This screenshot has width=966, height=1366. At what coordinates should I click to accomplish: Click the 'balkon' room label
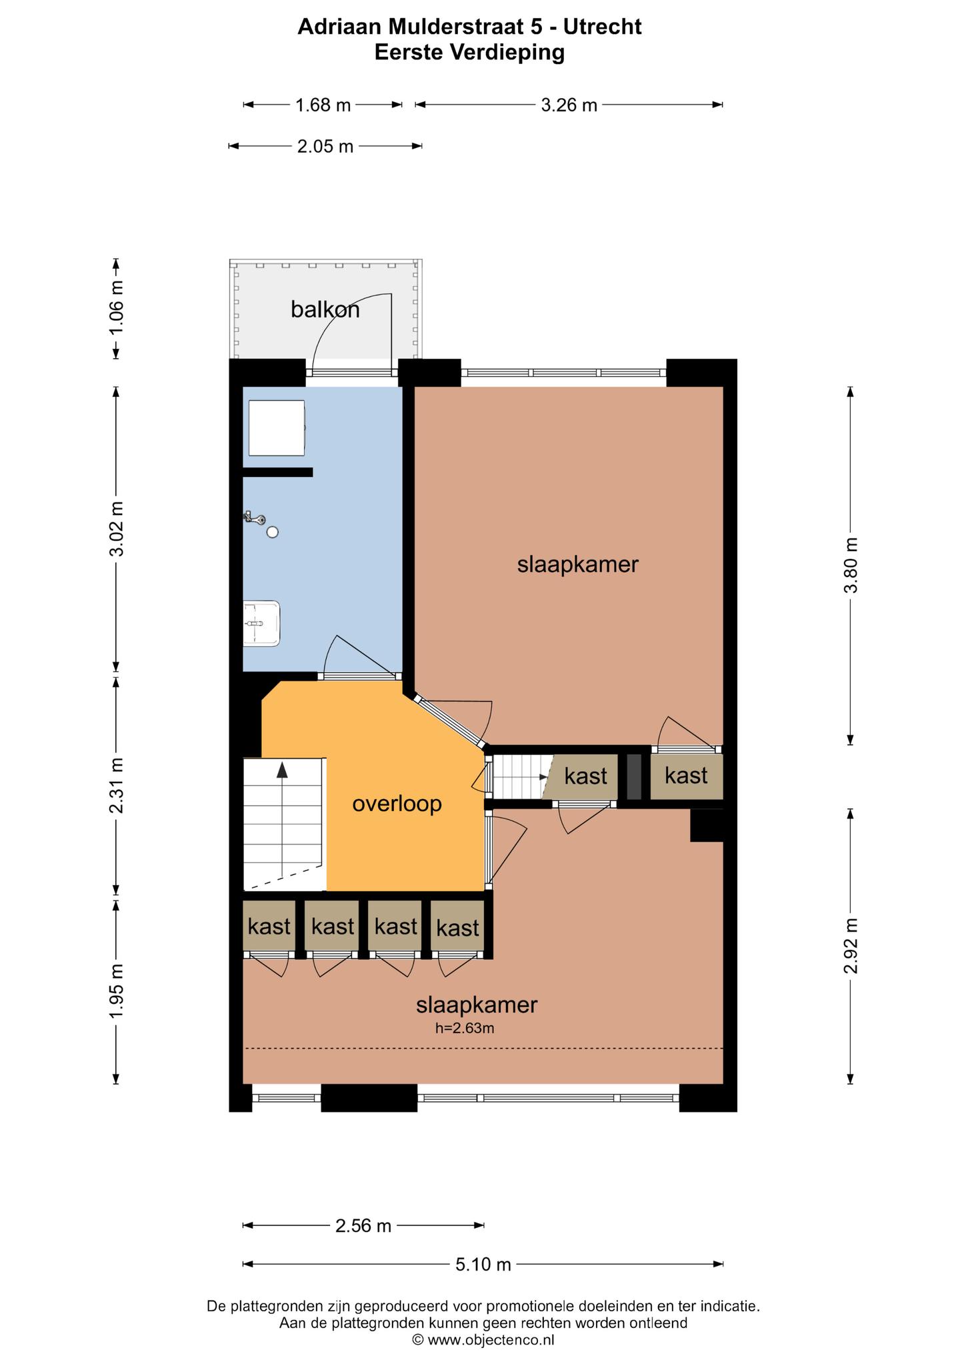tap(325, 309)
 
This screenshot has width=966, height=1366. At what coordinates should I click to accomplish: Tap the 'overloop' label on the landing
tap(397, 804)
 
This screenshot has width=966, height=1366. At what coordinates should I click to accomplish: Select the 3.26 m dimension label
tap(569, 105)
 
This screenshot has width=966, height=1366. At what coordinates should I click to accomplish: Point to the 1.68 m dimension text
tap(323, 105)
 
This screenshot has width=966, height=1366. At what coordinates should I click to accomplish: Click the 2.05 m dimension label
tap(325, 146)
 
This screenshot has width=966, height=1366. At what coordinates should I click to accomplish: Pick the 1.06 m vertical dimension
tap(117, 309)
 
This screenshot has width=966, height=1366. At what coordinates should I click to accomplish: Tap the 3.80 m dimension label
tap(851, 566)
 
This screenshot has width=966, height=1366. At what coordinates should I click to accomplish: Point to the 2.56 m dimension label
tap(363, 1225)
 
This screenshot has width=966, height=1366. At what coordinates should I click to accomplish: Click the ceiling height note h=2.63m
tap(465, 1029)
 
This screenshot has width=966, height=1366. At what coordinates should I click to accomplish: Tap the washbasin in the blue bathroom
tap(261, 624)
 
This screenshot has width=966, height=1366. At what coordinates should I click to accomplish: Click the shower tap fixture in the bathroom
tap(255, 518)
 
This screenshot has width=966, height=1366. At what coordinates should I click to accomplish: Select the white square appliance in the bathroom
tap(277, 428)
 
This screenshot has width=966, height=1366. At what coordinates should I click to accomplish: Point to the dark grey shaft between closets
tap(634, 776)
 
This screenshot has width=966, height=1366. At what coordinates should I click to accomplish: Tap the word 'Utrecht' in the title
tap(603, 27)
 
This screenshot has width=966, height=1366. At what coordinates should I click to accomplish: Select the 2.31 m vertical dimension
tap(117, 786)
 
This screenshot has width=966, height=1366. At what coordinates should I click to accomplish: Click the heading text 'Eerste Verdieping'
tap(470, 52)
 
